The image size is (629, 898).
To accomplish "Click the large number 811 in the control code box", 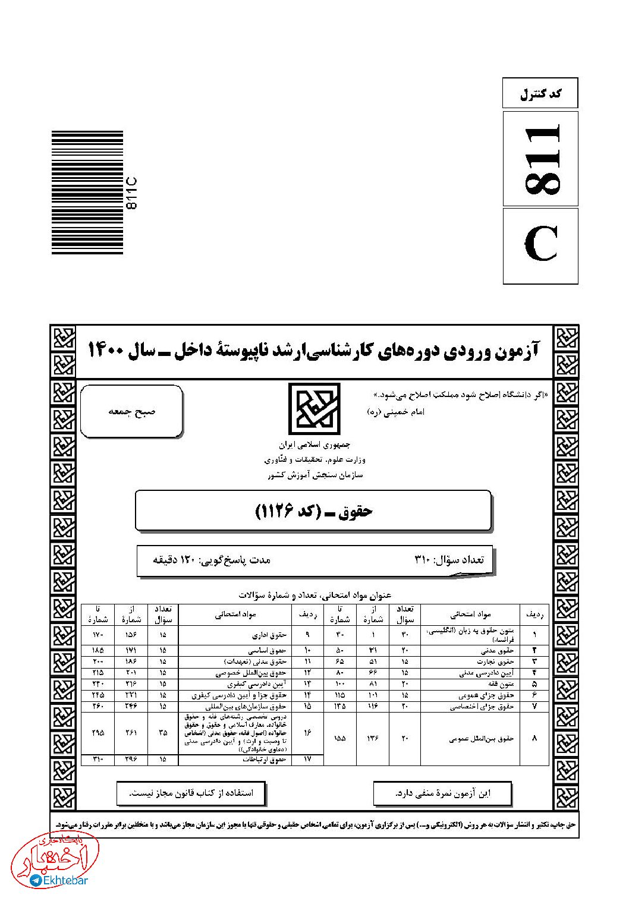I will [540, 159].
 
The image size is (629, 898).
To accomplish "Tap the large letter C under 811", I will [540, 245].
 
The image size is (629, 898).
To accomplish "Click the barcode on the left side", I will [87, 193].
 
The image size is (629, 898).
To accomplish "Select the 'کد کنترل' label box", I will [540, 93].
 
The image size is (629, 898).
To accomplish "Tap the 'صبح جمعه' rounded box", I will [131, 411].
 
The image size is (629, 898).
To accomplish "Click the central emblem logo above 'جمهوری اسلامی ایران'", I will [314, 409].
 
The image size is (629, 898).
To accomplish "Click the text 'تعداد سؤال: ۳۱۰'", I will [449, 559].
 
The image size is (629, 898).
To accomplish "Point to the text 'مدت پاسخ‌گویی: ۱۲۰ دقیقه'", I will [212, 559].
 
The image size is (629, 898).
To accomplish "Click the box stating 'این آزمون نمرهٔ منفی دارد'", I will [443, 793].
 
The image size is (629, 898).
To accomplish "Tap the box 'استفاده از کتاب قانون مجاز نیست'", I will [191, 793].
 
